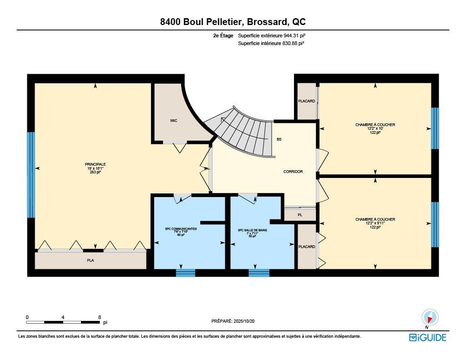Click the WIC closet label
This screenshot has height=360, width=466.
173,121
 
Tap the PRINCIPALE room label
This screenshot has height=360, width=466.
95,164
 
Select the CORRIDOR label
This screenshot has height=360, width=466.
293,172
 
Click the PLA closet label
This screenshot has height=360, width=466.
91,261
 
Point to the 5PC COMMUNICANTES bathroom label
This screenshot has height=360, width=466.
181,229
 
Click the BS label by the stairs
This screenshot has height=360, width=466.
279,139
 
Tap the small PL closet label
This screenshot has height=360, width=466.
299,214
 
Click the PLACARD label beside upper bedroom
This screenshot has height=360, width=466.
306,101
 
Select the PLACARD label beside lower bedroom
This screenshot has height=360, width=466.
306,247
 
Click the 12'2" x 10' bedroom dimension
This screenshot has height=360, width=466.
375,128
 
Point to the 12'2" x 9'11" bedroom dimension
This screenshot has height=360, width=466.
375,223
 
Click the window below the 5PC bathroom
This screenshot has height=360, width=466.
185,273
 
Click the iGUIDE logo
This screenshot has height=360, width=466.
427,337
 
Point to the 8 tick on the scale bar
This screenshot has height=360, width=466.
99,317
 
